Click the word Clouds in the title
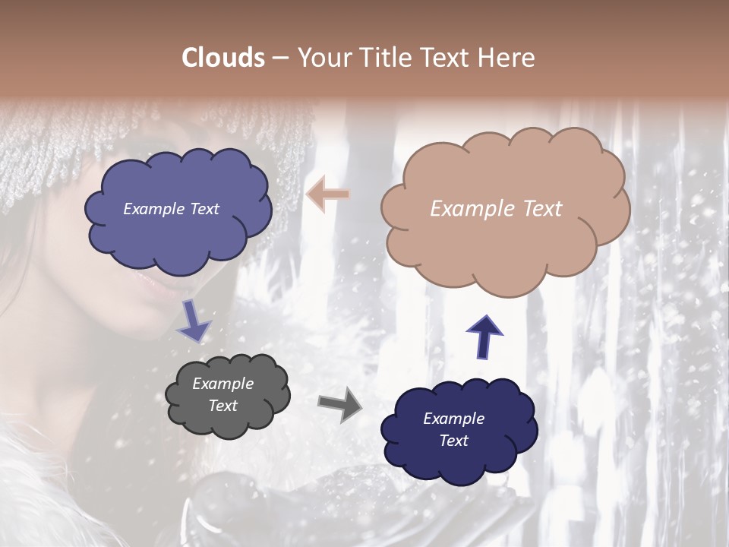223,58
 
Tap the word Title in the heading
387,58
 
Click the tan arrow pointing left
328,194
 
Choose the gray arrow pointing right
339,405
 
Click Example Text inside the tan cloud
496,209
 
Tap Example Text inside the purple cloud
171,209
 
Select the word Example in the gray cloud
222,384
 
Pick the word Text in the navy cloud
453,441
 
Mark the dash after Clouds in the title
279,58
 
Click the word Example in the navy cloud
453,419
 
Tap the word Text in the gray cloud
222,406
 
